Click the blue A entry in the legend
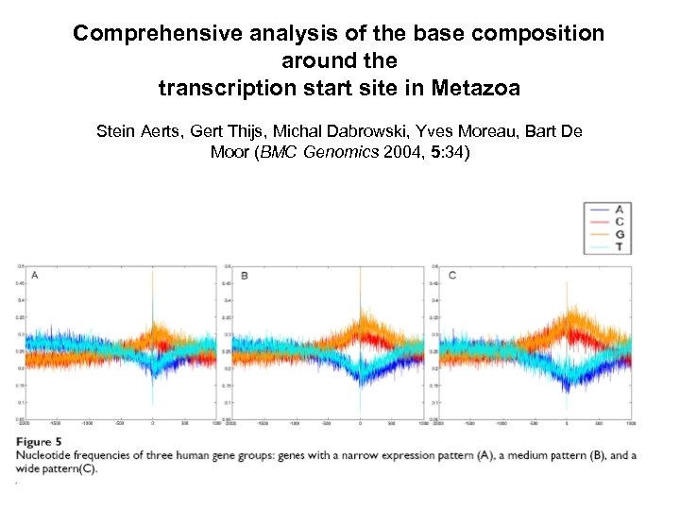coord(618,208)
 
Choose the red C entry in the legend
coord(618,221)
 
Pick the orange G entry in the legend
coord(618,233)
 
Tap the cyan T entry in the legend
coord(618,246)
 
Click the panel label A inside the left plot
coord(35,275)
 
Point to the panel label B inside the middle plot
coord(245,276)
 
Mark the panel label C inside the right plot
coord(452,275)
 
